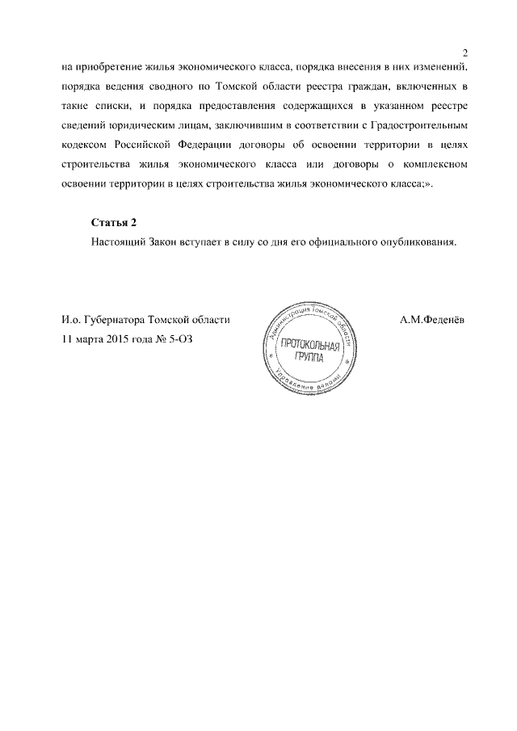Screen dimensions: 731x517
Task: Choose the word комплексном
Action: point(432,169)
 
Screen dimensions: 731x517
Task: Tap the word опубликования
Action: point(421,242)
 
